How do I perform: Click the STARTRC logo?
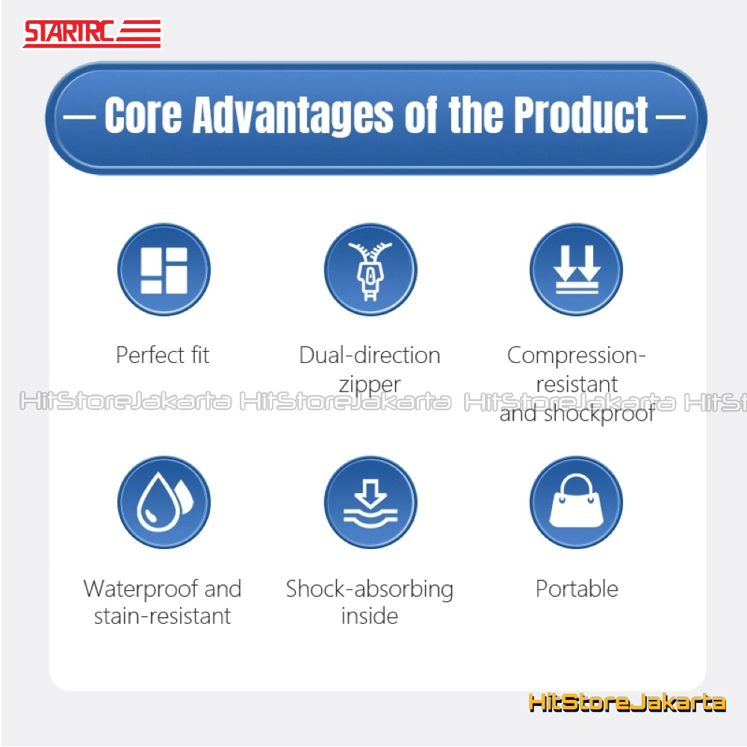(92, 34)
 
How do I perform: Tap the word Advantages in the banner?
(293, 115)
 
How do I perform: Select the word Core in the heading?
(143, 115)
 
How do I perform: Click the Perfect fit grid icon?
(164, 270)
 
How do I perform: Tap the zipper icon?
(371, 270)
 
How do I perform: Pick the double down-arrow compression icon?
(577, 270)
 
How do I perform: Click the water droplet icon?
(164, 502)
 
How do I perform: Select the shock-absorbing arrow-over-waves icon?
(371, 502)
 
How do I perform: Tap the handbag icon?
(577, 502)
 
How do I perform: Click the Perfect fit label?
(163, 355)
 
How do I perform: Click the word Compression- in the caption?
(577, 355)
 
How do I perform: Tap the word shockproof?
(599, 414)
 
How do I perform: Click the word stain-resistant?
(162, 616)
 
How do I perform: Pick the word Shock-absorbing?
(370, 589)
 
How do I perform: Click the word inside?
(370, 616)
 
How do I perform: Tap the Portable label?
(577, 589)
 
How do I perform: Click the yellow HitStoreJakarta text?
(627, 703)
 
